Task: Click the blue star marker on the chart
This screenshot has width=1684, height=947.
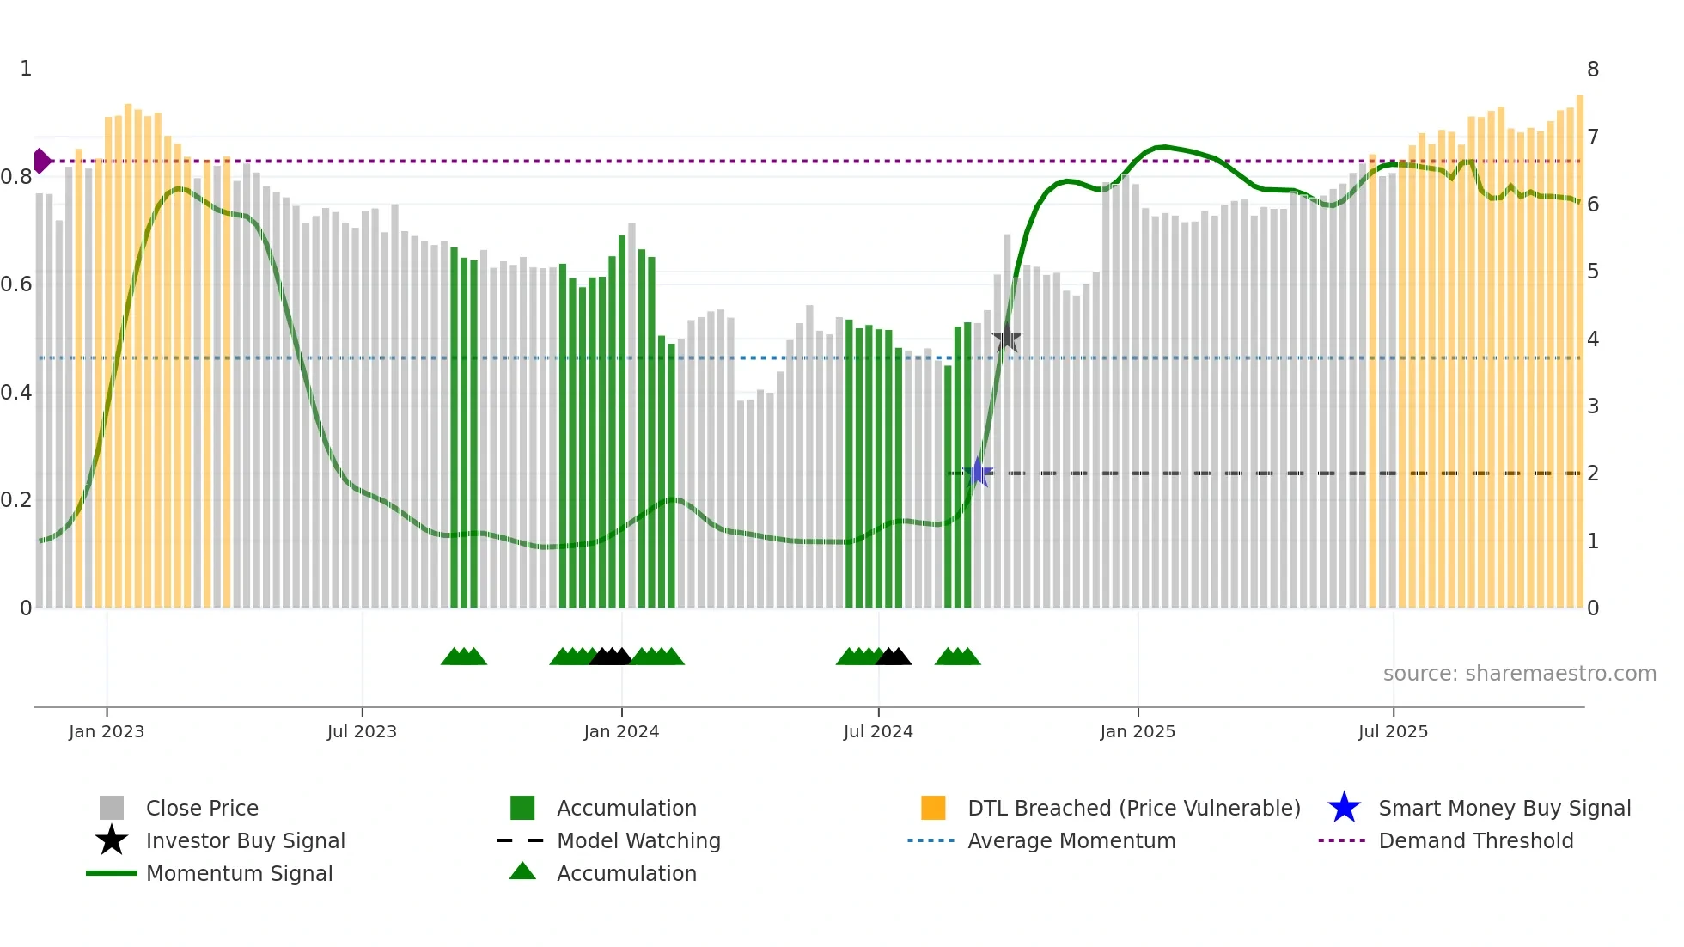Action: click(978, 473)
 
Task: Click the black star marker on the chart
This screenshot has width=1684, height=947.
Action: click(1007, 339)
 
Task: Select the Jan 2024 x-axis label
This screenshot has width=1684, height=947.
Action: click(621, 732)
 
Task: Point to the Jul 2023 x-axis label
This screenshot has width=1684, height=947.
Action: click(362, 732)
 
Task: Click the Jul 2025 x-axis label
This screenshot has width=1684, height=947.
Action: click(1393, 732)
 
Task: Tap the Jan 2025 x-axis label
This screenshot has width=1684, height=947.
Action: click(1138, 732)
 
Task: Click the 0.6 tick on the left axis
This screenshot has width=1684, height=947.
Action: click(16, 284)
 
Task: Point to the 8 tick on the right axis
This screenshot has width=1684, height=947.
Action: click(1593, 70)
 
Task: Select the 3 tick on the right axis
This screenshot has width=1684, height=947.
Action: click(1593, 406)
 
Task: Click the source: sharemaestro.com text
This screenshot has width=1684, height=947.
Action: click(1519, 674)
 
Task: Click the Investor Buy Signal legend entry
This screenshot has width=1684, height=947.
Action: click(245, 841)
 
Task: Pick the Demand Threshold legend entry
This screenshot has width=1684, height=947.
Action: click(1475, 841)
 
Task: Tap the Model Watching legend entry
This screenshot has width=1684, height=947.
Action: click(638, 841)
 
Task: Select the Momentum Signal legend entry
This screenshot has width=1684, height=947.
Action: click(239, 874)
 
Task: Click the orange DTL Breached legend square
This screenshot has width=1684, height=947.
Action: click(933, 808)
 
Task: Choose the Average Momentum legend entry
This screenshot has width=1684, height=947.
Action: click(1071, 841)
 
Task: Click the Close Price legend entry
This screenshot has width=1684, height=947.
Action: click(202, 809)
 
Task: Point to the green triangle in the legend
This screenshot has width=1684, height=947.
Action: click(522, 872)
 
